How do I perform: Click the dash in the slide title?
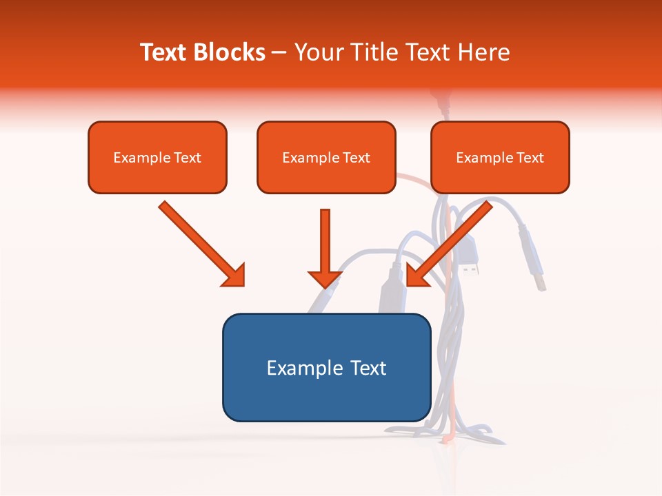[x=279, y=53]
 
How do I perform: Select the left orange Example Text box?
[x=157, y=157]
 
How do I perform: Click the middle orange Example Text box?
[x=326, y=157]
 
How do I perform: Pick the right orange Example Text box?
[x=500, y=157]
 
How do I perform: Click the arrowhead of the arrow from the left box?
[x=234, y=276]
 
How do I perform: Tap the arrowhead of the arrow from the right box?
[x=417, y=276]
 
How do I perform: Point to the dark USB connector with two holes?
[x=470, y=259]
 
